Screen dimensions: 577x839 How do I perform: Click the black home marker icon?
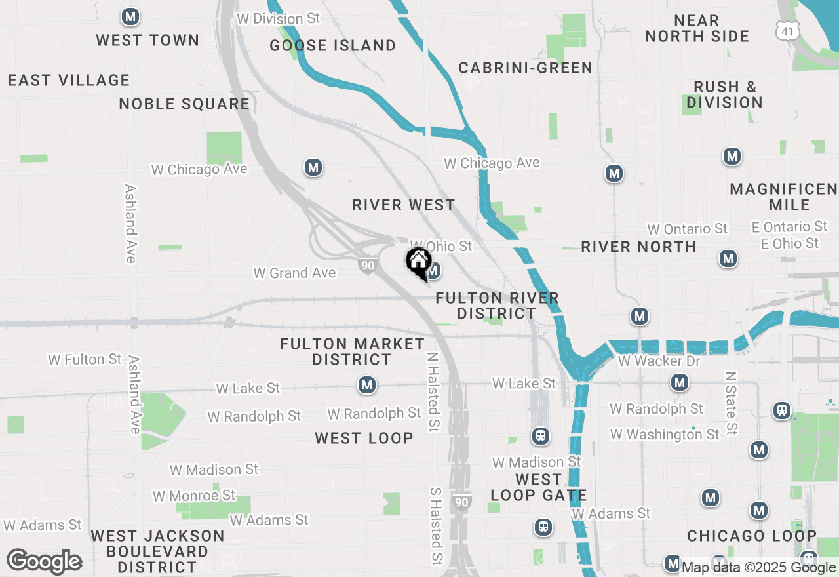[418, 262]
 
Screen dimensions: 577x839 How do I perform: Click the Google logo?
[45, 561]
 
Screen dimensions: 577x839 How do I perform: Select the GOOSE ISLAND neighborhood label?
[333, 45]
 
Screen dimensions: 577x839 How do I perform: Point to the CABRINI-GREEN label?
[525, 68]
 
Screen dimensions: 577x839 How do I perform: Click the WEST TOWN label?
[147, 40]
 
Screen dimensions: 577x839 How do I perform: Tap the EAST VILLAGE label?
[69, 80]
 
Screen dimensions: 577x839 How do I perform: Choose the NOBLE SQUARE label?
[184, 104]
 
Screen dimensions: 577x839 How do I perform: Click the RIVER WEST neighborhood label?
[403, 205]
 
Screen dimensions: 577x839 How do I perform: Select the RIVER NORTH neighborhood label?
[638, 247]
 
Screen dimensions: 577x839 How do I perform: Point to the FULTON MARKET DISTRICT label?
[352, 351]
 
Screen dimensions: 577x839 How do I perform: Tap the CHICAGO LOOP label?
[752, 536]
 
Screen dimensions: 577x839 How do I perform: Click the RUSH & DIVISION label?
[724, 94]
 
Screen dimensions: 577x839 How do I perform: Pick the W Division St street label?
[278, 18]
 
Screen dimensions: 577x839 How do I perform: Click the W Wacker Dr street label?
[659, 361]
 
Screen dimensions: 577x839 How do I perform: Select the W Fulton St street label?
[85, 359]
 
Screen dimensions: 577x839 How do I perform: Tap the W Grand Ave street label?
[294, 273]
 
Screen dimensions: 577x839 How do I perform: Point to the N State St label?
[732, 403]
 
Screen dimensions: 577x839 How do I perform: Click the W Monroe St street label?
[194, 495]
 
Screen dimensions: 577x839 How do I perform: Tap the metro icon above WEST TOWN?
[130, 16]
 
